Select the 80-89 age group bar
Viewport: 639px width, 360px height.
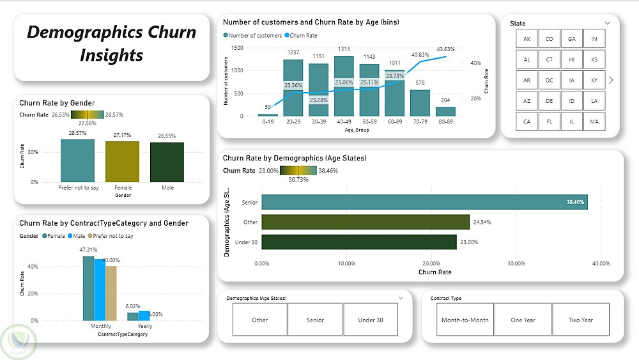(x=446, y=111)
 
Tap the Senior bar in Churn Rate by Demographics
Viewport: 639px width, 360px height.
(x=424, y=202)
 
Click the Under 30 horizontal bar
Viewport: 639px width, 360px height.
(x=359, y=242)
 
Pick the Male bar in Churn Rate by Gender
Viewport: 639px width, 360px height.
(x=167, y=162)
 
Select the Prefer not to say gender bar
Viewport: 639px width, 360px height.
(x=77, y=160)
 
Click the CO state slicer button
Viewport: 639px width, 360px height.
(x=550, y=39)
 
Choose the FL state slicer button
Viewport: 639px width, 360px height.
(x=550, y=121)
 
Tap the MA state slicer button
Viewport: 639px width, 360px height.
(x=594, y=121)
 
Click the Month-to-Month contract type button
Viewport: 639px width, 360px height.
(x=466, y=320)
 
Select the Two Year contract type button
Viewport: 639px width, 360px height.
(x=581, y=320)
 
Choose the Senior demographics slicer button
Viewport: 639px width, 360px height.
(x=315, y=320)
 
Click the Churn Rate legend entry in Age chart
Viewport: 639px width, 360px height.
(x=303, y=36)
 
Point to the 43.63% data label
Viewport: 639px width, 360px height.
(x=446, y=49)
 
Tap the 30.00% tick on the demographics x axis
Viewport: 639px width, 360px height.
(x=516, y=263)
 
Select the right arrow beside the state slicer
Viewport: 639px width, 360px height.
(x=612, y=80)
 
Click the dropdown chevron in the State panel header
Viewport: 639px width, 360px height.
(x=607, y=23)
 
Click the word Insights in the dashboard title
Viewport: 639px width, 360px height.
(x=111, y=55)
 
